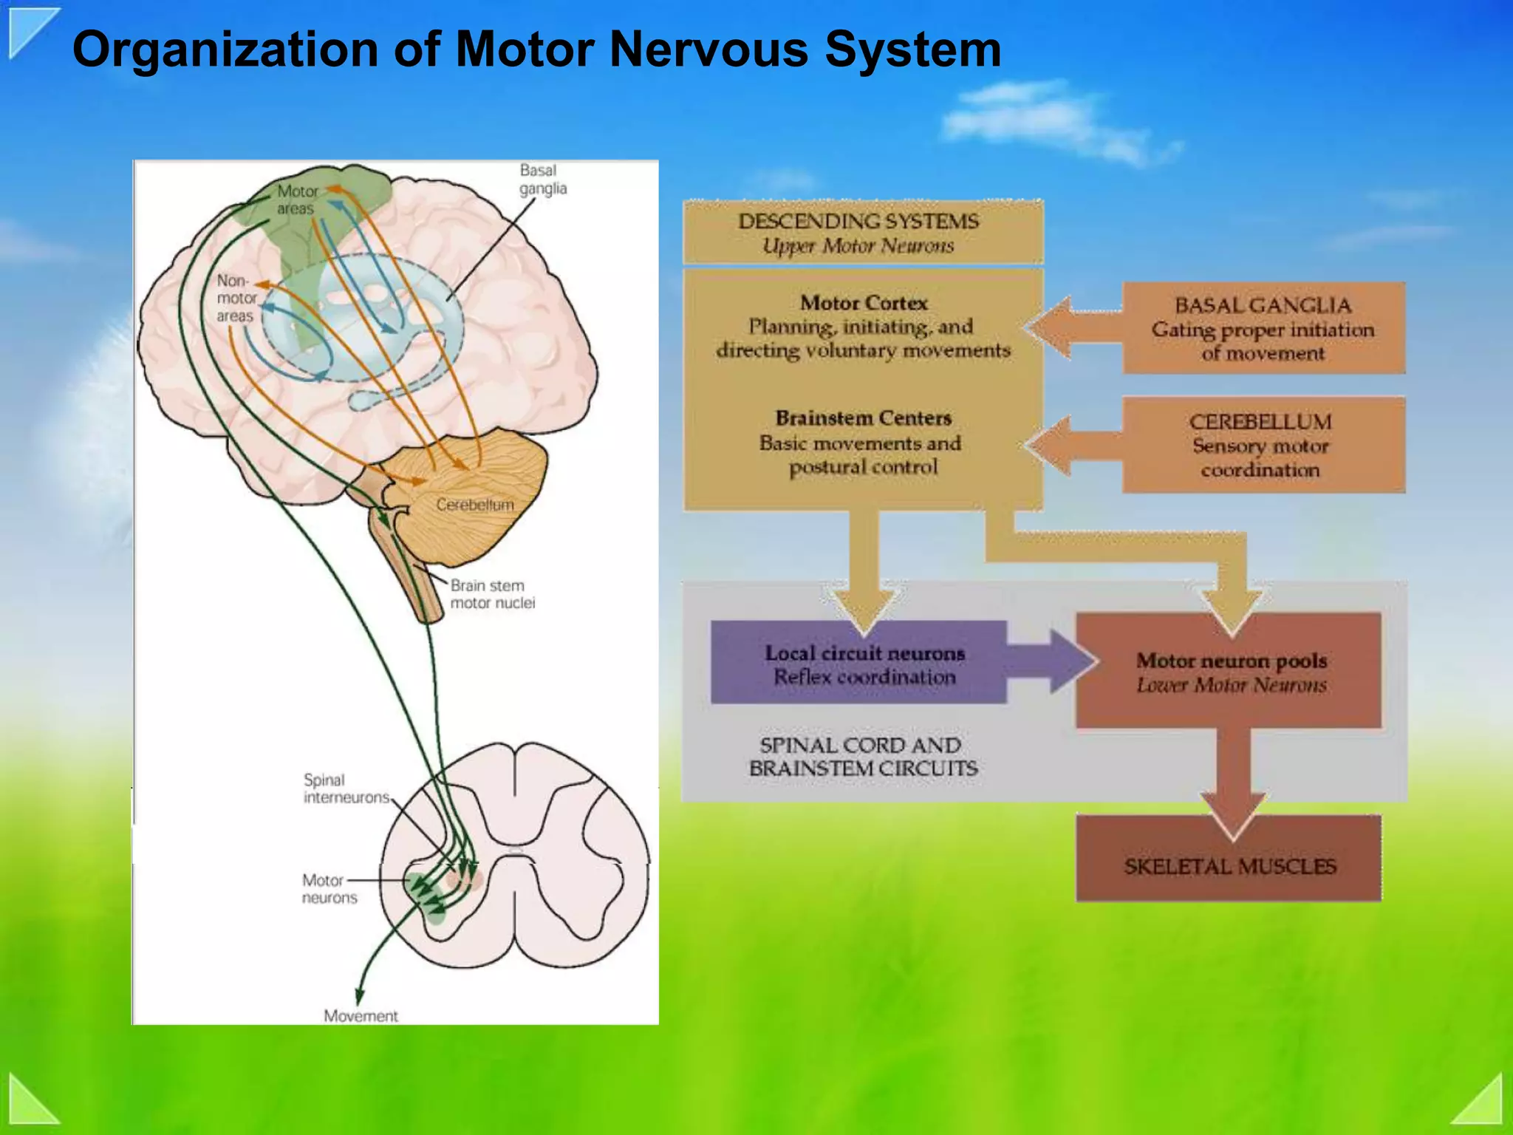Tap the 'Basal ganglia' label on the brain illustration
[542, 180]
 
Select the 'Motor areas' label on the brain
[297, 200]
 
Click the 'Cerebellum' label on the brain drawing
[474, 505]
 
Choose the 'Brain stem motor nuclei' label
[492, 594]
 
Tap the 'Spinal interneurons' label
[346, 788]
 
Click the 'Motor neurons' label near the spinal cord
[329, 889]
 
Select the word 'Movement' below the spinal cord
[361, 1016]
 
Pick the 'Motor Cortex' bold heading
[864, 303]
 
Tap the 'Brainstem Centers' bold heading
[863, 418]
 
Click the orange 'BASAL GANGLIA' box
[1263, 328]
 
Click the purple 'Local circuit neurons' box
[858, 663]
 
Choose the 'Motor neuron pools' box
[1229, 671]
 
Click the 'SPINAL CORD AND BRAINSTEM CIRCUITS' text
[862, 757]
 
